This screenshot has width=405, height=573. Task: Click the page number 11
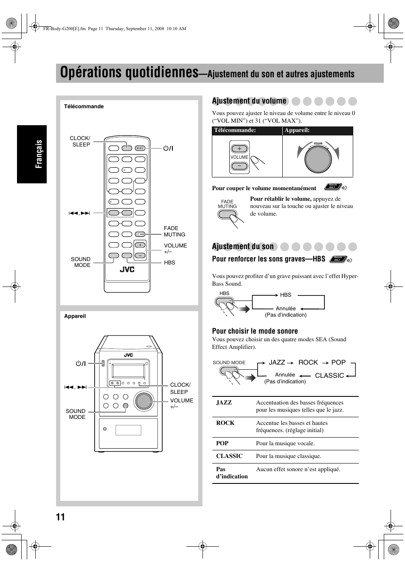click(x=60, y=517)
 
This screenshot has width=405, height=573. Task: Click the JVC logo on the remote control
click(x=127, y=269)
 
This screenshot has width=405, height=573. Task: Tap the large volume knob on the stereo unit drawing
click(x=144, y=400)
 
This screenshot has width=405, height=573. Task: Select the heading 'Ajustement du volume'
click(x=249, y=101)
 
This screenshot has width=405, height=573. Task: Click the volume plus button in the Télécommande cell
click(x=239, y=149)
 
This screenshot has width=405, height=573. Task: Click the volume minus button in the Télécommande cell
click(x=239, y=166)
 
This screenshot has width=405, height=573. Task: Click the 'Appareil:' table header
click(x=297, y=131)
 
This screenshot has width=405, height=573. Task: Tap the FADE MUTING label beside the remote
click(x=174, y=231)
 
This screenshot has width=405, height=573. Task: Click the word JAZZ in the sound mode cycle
click(x=277, y=362)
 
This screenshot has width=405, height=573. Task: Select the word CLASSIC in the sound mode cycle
click(x=329, y=376)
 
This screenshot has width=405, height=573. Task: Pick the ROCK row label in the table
click(x=225, y=423)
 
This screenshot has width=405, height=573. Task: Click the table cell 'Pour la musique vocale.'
click(x=285, y=444)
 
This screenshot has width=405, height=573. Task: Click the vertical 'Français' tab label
click(x=39, y=154)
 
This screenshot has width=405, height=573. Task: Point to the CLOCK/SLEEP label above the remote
click(x=80, y=141)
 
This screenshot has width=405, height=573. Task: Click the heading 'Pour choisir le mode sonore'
click(x=255, y=331)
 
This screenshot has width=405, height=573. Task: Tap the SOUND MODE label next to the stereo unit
click(x=76, y=414)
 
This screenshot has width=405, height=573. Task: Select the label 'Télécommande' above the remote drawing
click(x=84, y=107)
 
